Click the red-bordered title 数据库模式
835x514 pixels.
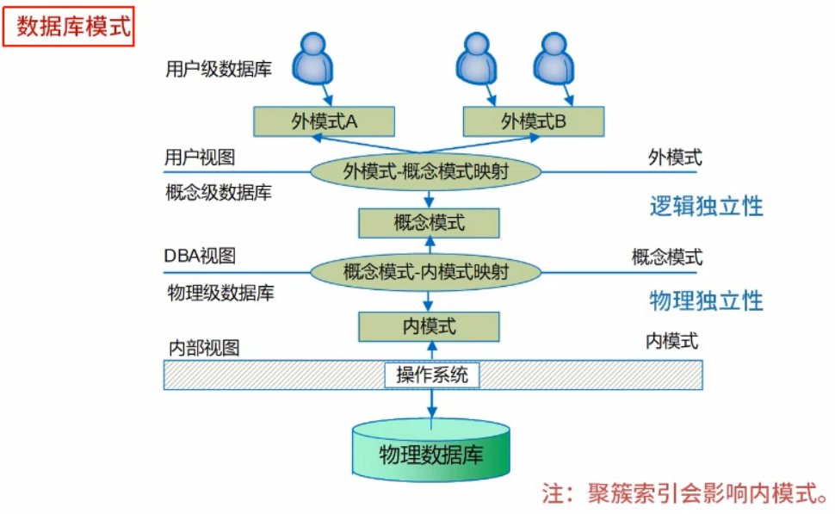pyautogui.click(x=69, y=27)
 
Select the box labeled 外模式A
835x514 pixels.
pyautogui.click(x=324, y=121)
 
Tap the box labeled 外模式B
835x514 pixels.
pyautogui.click(x=534, y=121)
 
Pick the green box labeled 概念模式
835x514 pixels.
pyautogui.click(x=429, y=223)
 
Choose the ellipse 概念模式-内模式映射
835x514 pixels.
pyautogui.click(x=425, y=273)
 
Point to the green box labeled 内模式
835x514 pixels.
pyautogui.click(x=429, y=325)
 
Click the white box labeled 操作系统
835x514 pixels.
pyautogui.click(x=431, y=375)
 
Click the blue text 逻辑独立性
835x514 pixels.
pyautogui.click(x=706, y=207)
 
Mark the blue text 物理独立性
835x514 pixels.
pyautogui.click(x=706, y=300)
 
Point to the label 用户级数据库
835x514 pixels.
pyautogui.click(x=219, y=69)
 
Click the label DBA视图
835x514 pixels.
pyautogui.click(x=200, y=257)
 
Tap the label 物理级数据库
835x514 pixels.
pyautogui.click(x=220, y=293)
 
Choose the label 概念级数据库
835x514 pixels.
pyautogui.click(x=218, y=192)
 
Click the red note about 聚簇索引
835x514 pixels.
pyautogui.click(x=684, y=493)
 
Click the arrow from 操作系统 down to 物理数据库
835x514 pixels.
pyautogui.click(x=431, y=403)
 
